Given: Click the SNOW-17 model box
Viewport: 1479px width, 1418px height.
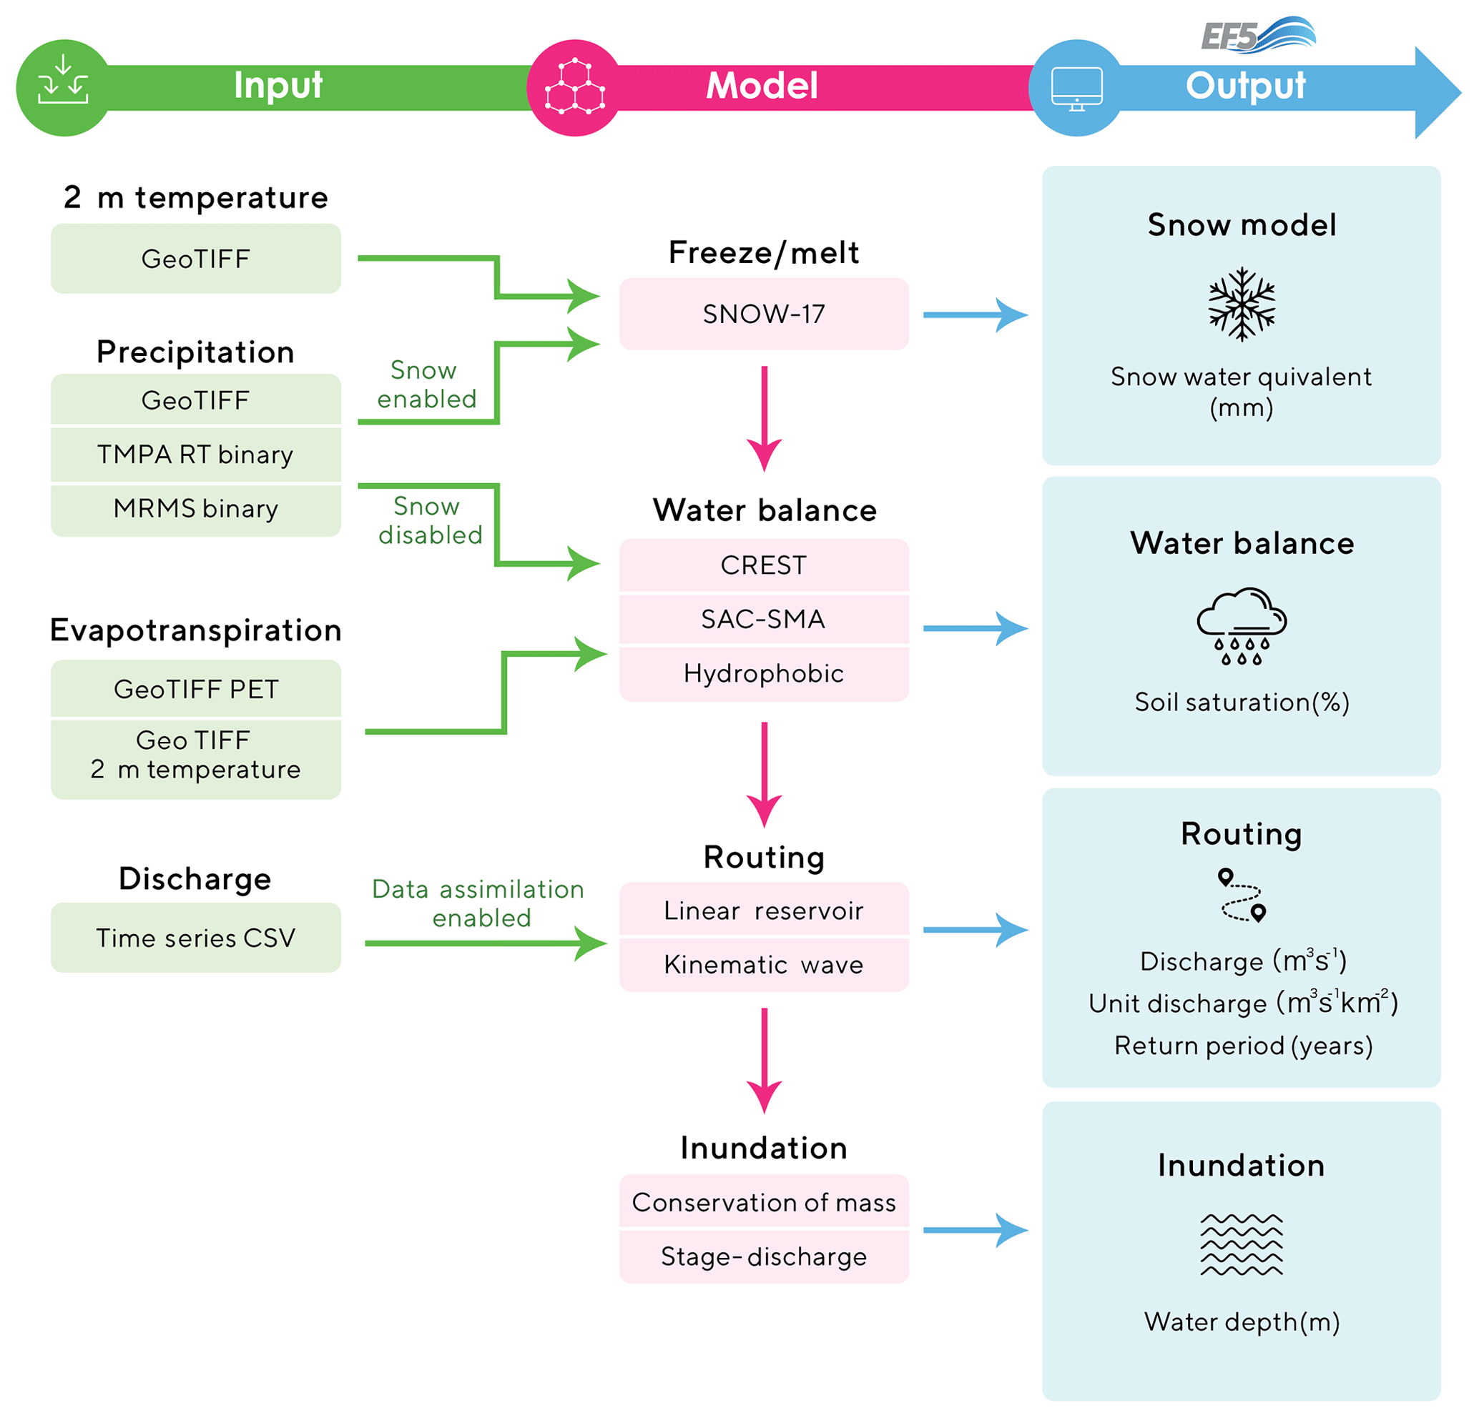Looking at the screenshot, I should pos(764,314).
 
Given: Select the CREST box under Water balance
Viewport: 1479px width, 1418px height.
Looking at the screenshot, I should pos(764,565).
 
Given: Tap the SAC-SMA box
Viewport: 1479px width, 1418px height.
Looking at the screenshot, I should pos(764,619).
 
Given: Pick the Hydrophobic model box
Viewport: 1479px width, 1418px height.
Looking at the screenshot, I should pos(764,673).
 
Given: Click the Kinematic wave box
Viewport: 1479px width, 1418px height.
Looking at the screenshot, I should pos(764,965).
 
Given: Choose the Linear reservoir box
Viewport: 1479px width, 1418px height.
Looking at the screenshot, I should pos(764,911).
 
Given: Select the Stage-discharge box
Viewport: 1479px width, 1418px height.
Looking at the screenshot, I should pos(764,1256).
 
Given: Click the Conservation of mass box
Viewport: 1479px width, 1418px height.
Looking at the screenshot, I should pos(764,1202).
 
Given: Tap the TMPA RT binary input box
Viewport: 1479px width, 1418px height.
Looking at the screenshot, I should pos(195,455).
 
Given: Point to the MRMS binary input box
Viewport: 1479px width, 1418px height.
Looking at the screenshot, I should pos(195,509).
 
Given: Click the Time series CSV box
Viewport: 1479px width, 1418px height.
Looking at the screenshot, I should pos(195,938).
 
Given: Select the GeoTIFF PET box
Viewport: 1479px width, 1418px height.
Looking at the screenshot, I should pos(195,690).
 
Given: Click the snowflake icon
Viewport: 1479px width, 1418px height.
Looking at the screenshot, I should pos(1242,304).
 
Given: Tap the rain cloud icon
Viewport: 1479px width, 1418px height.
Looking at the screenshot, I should pos(1242,626).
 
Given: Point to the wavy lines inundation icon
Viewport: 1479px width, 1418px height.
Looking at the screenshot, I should pos(1242,1244).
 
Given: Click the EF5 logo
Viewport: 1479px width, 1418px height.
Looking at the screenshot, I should pos(1257,36).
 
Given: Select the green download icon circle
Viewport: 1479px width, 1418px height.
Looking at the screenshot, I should pos(64,87).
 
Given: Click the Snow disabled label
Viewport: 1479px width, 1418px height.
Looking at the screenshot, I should pos(429,520).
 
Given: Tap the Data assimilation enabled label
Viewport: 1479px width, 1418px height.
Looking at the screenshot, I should pos(478,903).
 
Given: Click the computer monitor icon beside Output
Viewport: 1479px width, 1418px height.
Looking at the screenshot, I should pos(1077,87).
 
